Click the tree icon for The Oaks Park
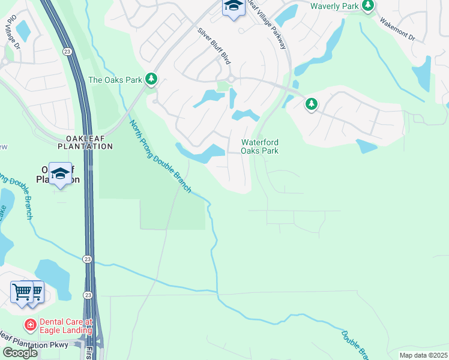pyautogui.click(x=152, y=79)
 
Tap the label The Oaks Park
pyautogui.click(x=115, y=79)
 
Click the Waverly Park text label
pyautogui.click(x=334, y=6)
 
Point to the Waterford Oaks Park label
pyautogui.click(x=260, y=146)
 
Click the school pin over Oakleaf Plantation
pyautogui.click(x=60, y=174)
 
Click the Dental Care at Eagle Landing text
pyautogui.click(x=62, y=326)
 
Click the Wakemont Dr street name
pyautogui.click(x=397, y=28)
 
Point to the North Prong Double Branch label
pyautogui.click(x=160, y=157)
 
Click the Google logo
pyautogui.click(x=20, y=353)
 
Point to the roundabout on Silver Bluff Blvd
pyautogui.click(x=231, y=79)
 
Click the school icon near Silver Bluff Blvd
pyautogui.click(x=233, y=7)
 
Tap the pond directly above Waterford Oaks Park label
pyautogui.click(x=245, y=115)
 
